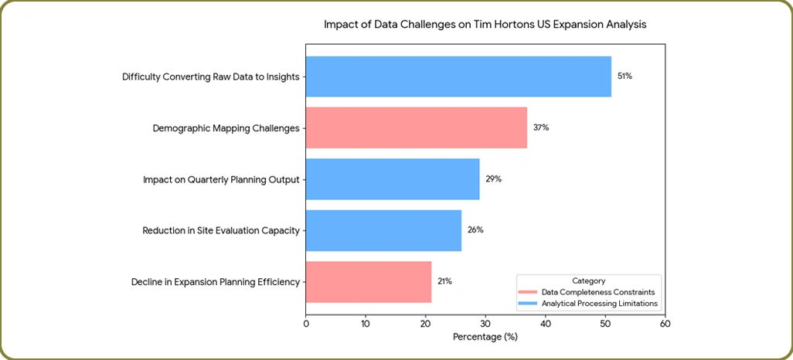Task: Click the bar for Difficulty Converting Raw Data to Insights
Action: point(458,76)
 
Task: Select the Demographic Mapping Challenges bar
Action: point(417,127)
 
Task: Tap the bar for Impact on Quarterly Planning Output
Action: point(393,178)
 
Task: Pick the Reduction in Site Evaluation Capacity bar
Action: point(383,230)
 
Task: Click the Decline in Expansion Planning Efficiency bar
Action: point(369,281)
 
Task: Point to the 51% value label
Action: point(625,76)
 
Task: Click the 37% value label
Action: point(541,127)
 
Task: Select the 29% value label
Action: point(493,178)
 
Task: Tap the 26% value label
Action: point(475,230)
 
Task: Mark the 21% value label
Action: point(444,281)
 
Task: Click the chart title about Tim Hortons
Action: point(485,25)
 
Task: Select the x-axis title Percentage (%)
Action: point(485,337)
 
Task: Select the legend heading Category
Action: point(588,281)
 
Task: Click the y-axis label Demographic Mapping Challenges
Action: point(226,128)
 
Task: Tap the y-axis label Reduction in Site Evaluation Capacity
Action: point(220,230)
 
